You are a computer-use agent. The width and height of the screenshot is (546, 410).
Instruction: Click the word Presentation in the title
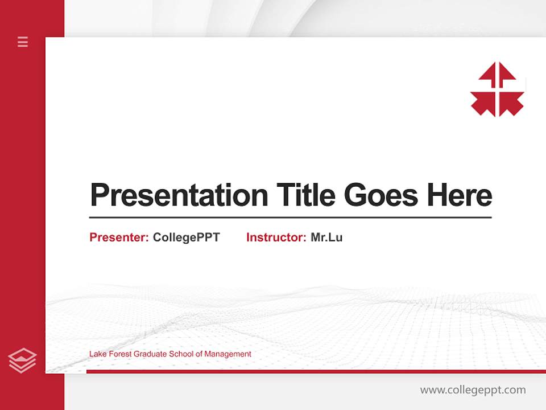point(179,195)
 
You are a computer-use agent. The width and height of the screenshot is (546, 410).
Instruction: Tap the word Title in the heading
point(305,195)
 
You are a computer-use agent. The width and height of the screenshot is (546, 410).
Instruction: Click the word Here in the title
point(459,195)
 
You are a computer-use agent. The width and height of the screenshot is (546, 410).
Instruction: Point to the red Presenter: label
point(119,237)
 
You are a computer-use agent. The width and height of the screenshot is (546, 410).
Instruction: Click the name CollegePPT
point(186,237)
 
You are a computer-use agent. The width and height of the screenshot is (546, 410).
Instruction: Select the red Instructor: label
point(276,237)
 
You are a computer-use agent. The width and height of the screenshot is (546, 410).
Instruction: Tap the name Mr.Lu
point(326,237)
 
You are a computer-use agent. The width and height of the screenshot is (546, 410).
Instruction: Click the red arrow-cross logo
point(497,89)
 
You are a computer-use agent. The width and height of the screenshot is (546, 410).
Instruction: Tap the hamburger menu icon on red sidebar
point(23,42)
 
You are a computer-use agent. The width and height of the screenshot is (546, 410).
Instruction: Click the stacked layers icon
point(22,360)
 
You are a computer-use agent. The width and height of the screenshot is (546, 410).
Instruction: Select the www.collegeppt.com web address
point(473,390)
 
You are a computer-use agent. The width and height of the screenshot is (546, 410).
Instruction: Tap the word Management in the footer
point(227,354)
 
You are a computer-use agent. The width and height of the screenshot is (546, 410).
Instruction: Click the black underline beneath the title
point(290,218)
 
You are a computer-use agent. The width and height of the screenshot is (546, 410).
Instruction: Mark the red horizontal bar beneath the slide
point(316,371)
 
